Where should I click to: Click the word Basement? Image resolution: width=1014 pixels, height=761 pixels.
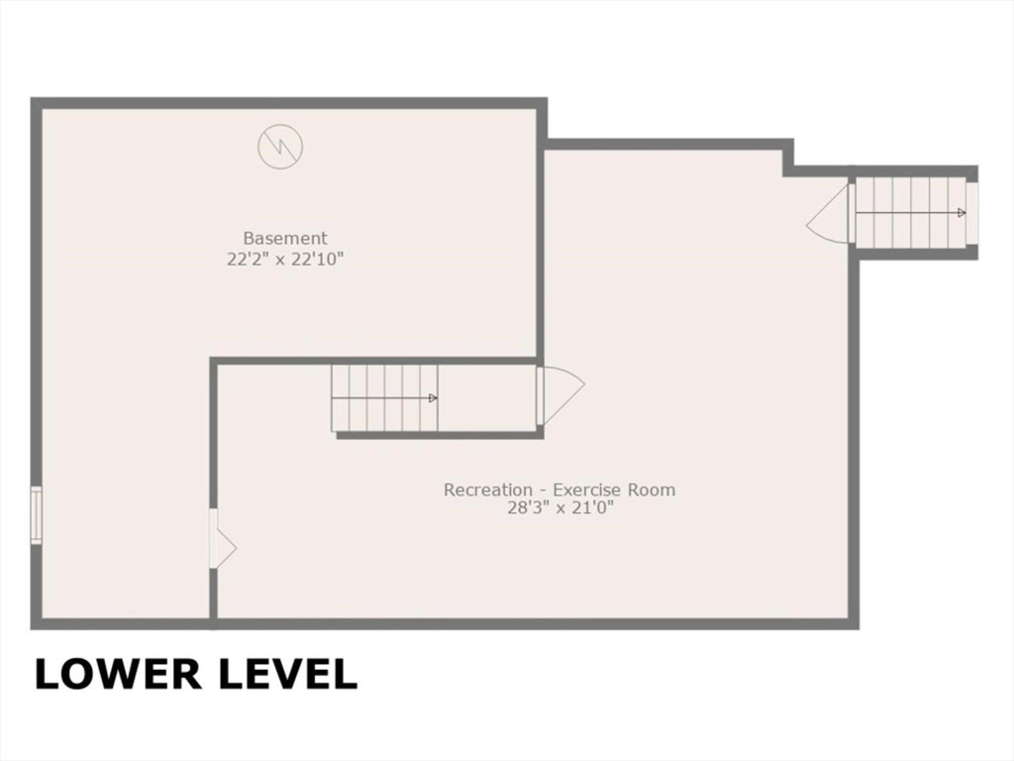pyautogui.click(x=285, y=238)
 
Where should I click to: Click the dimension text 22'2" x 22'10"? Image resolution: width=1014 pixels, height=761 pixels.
pyautogui.click(x=285, y=260)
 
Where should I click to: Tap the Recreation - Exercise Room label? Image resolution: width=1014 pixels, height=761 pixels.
pyautogui.click(x=559, y=489)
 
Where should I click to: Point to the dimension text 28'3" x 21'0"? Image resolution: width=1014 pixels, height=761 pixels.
pyautogui.click(x=559, y=508)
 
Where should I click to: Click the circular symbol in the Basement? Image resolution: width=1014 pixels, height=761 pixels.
pyautogui.click(x=280, y=147)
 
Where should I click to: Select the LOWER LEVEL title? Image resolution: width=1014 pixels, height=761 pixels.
pyautogui.click(x=196, y=674)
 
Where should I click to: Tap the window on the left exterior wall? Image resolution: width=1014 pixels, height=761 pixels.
pyautogui.click(x=37, y=515)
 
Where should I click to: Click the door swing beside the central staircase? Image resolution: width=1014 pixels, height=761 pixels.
pyautogui.click(x=561, y=396)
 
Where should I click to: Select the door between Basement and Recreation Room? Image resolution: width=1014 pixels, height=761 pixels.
pyautogui.click(x=223, y=539)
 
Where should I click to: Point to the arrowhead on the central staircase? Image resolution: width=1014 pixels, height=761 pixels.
pyautogui.click(x=434, y=398)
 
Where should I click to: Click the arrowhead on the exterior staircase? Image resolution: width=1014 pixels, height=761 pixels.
pyautogui.click(x=962, y=213)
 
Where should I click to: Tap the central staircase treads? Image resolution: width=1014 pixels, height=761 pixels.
pyautogui.click(x=385, y=398)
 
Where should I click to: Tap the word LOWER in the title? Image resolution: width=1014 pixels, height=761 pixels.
pyautogui.click(x=117, y=674)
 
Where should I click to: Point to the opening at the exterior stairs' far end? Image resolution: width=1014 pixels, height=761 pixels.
pyautogui.click(x=972, y=214)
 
